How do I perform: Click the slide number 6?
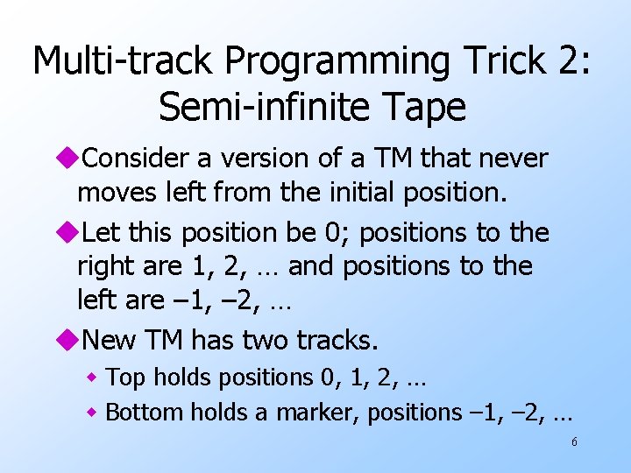coord(574,442)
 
